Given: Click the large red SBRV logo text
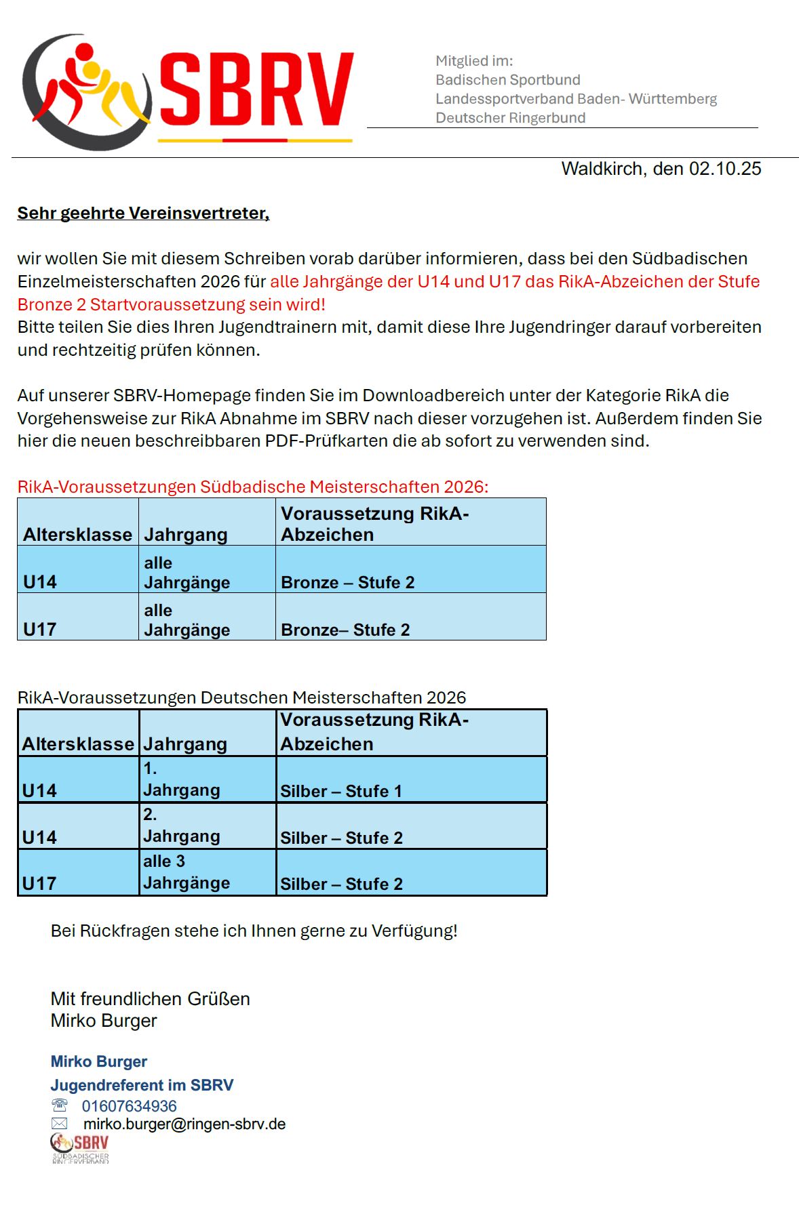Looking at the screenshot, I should click(x=256, y=90).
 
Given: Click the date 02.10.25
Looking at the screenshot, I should click(x=725, y=169).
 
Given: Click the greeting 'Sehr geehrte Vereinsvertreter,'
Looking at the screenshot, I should click(x=143, y=213).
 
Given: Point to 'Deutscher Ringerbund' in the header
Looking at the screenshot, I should click(x=510, y=118).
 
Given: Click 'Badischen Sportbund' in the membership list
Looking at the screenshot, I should click(x=507, y=80).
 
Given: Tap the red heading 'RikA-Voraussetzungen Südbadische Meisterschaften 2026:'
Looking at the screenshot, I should click(x=253, y=487).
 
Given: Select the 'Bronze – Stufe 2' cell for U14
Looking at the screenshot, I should click(x=347, y=582).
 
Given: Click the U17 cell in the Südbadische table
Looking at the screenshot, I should click(x=40, y=629).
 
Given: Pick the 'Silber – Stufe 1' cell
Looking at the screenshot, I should click(x=341, y=791).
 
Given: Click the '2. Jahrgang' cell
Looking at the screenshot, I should click(x=181, y=826).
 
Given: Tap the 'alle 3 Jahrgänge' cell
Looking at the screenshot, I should click(x=186, y=872).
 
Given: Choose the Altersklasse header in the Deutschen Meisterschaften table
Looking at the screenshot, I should click(x=78, y=744).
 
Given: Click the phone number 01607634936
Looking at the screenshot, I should click(x=129, y=1106).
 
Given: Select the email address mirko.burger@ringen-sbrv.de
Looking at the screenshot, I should click(x=184, y=1124).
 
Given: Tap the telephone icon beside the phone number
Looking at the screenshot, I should click(x=60, y=1105).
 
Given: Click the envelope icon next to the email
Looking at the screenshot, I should click(x=60, y=1124).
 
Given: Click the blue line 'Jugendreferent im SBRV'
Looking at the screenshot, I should click(x=142, y=1085).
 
